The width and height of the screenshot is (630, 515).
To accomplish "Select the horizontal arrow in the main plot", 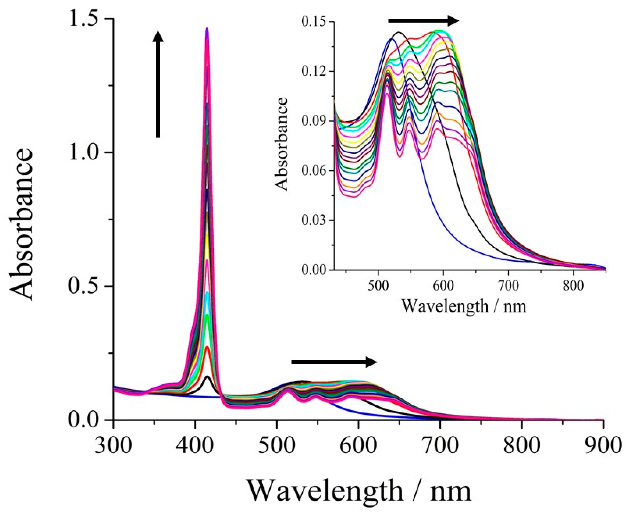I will click(334, 362).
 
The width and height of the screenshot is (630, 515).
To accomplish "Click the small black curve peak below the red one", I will click(207, 377).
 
